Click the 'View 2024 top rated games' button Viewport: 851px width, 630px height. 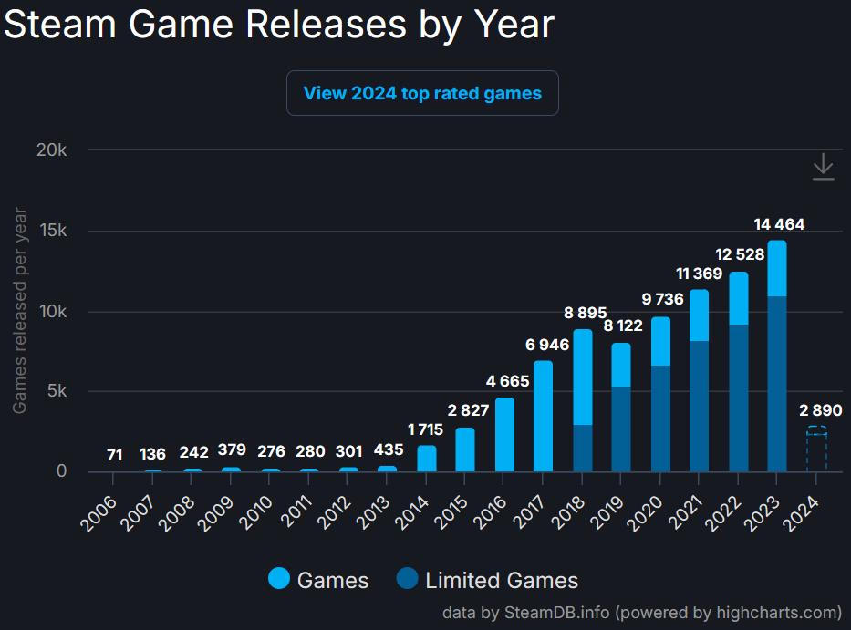pos(422,93)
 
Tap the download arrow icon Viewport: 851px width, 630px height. pos(823,167)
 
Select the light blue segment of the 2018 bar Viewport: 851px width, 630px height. pos(582,377)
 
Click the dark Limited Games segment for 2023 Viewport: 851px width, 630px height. pos(776,383)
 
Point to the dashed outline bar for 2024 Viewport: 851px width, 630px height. pos(816,449)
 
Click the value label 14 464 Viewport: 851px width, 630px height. pos(779,224)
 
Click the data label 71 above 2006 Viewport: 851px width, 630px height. pos(114,454)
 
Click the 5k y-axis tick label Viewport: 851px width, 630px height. pos(55,391)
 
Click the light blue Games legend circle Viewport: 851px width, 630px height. pos(279,580)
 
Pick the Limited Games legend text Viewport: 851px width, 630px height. pos(502,581)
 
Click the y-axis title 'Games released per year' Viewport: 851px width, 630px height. pos(20,311)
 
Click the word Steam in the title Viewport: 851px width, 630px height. pos(62,25)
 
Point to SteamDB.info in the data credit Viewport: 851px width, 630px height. pos(557,612)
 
